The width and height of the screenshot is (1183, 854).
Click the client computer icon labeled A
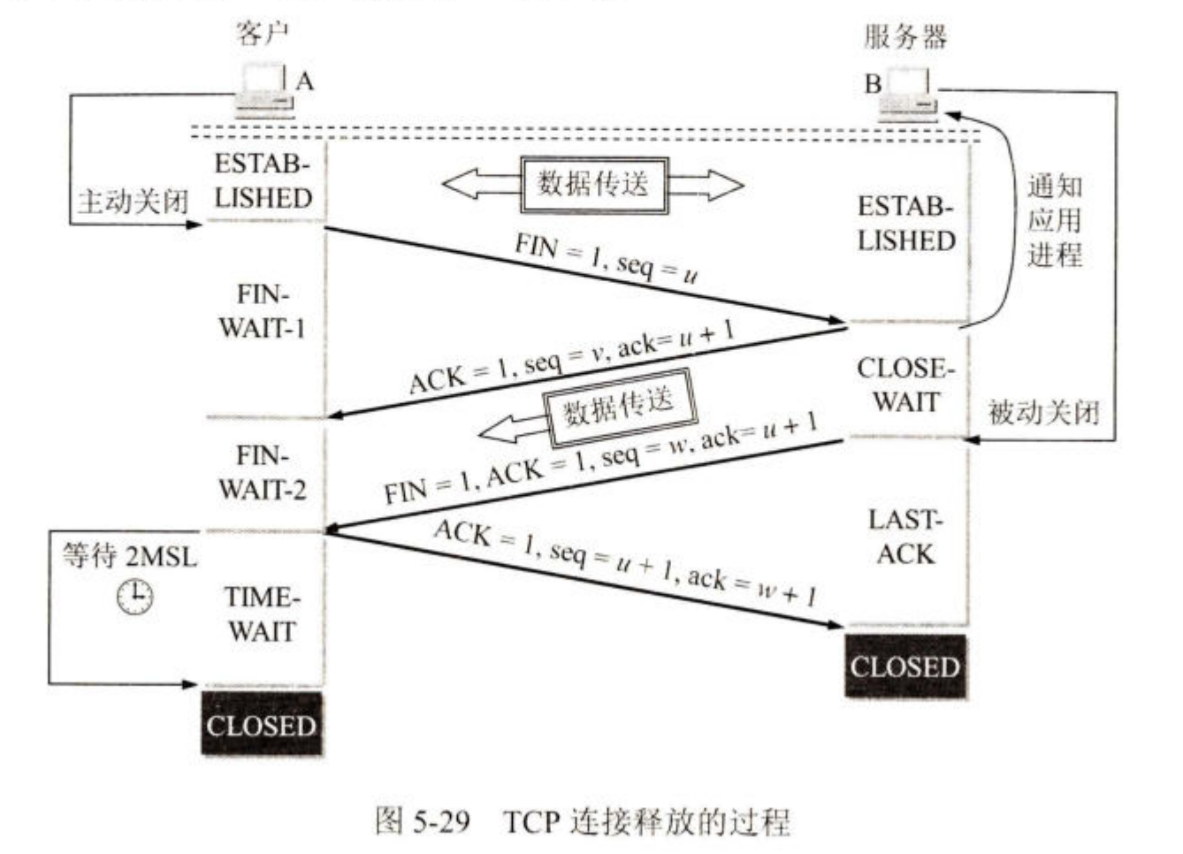263,91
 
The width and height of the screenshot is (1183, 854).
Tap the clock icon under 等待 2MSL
135,597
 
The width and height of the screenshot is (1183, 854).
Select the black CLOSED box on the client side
262,725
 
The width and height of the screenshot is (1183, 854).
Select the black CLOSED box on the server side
904,666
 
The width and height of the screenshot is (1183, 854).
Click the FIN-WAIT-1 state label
262,311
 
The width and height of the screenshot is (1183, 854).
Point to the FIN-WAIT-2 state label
262,472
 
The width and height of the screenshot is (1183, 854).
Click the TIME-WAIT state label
262,614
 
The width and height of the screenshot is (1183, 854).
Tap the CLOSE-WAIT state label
905,385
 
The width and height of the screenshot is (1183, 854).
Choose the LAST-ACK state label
905,537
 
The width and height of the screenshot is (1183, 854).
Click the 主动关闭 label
133,201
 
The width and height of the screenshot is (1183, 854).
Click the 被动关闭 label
1043,411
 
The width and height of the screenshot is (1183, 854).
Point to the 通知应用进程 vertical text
1054,221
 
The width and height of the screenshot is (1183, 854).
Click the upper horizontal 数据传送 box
593,185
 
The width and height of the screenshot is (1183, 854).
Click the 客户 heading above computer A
263,34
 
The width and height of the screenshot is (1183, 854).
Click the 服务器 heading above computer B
904,37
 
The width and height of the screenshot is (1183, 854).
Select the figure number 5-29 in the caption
439,821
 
